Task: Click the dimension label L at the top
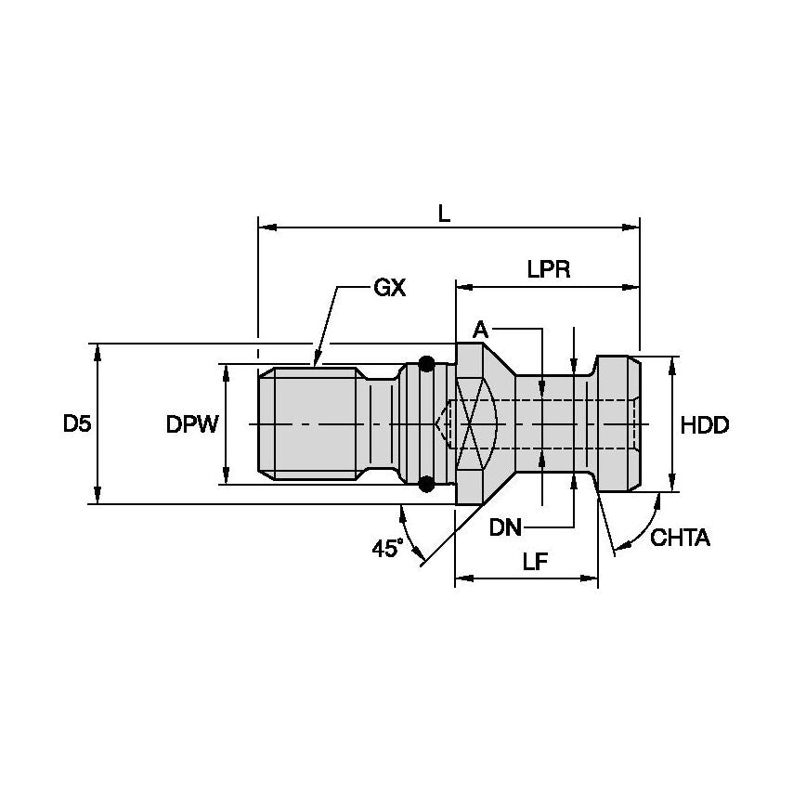[444, 213]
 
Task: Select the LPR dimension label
[548, 270]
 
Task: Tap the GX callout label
[389, 288]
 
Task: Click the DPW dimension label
[192, 424]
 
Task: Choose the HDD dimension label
[705, 424]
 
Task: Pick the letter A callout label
[480, 329]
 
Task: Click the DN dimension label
[507, 527]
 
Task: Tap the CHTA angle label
[680, 538]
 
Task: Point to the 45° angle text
[388, 548]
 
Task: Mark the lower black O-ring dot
[426, 484]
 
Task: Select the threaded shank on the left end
[311, 424]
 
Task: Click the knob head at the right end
[617, 424]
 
